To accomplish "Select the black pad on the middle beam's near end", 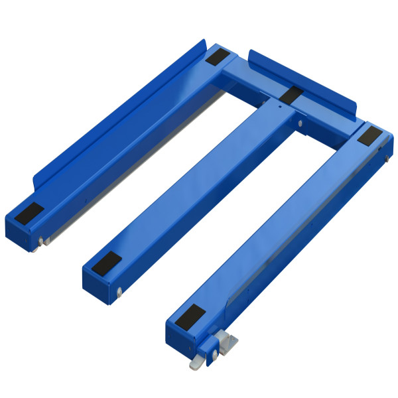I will click(107, 263).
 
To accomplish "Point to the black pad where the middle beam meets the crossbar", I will click(293, 92).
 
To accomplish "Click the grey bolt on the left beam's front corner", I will click(41, 240).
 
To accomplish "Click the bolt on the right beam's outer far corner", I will click(387, 157).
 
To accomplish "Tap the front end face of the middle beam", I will click(97, 284).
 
